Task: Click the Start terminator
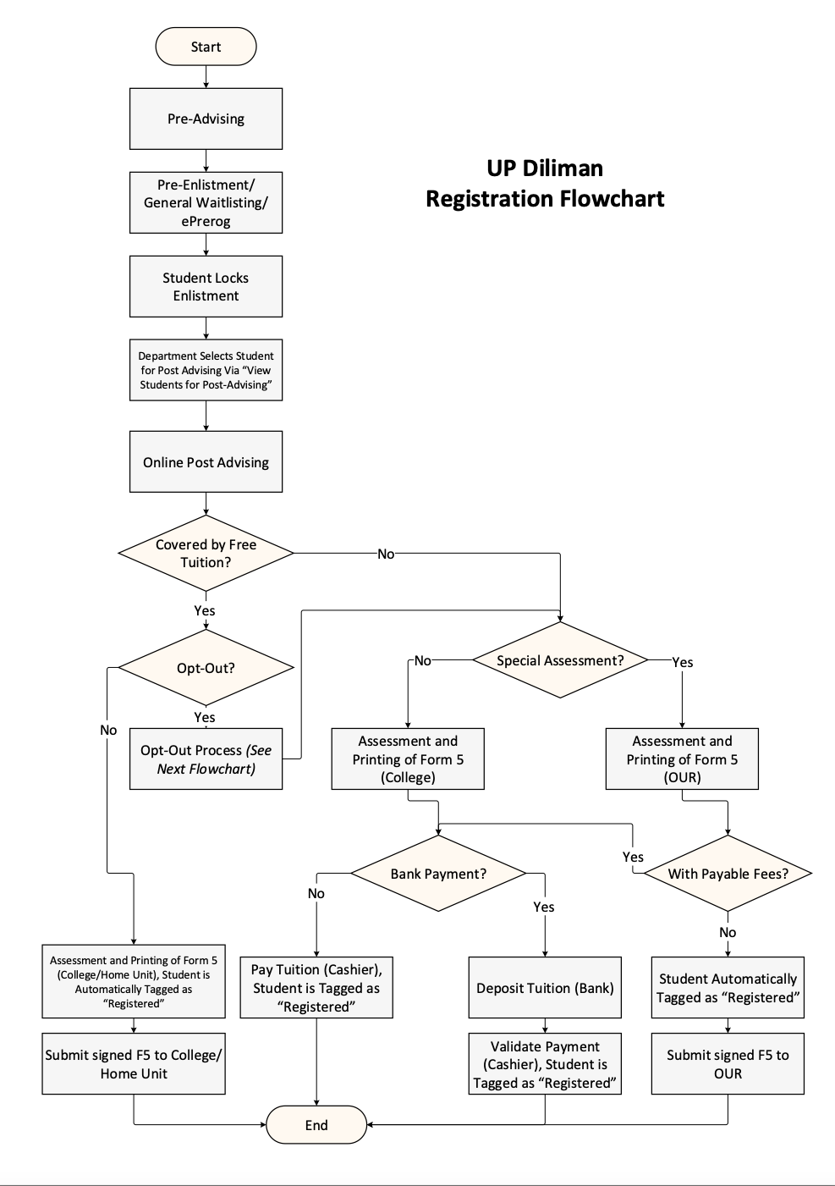click(x=206, y=47)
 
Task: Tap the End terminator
click(x=316, y=1124)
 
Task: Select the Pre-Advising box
click(x=206, y=119)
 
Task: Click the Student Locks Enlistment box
click(x=206, y=287)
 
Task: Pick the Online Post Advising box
click(x=206, y=462)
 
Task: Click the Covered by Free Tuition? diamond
click(x=206, y=554)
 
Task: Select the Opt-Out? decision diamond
click(x=206, y=668)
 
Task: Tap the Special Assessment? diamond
click(x=560, y=660)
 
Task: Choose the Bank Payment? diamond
click(x=438, y=874)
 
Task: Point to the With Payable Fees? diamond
click(x=728, y=874)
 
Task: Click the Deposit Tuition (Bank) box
click(x=545, y=988)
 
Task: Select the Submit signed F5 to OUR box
click(x=728, y=1064)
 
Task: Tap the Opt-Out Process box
click(x=206, y=759)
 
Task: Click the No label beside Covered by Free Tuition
click(x=386, y=554)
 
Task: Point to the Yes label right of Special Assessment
click(x=682, y=662)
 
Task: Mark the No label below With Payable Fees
click(x=728, y=932)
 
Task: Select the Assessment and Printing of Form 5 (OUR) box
click(x=682, y=759)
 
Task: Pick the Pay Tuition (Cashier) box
click(x=316, y=988)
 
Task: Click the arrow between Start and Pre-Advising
click(x=206, y=77)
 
